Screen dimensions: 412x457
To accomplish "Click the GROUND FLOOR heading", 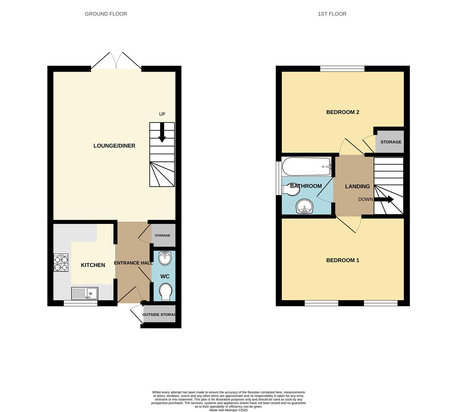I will [106, 14].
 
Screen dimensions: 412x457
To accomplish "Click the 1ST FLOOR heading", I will [332, 14].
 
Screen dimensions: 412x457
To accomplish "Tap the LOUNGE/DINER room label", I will [114, 146].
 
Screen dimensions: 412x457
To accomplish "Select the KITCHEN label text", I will [93, 265].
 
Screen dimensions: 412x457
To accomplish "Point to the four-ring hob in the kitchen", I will [61, 262].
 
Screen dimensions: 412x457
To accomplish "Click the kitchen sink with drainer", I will [85, 293].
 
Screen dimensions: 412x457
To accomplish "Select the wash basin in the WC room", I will [165, 258].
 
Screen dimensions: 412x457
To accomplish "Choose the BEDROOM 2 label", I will [343, 112].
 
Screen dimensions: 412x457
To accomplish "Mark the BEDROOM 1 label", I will [343, 261].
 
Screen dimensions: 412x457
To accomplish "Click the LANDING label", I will [357, 187].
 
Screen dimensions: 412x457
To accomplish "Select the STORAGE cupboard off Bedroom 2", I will [391, 142].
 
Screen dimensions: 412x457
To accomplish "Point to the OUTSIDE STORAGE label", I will [159, 315].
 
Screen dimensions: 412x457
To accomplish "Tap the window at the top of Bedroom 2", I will [342, 69].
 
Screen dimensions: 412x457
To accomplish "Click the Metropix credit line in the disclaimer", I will [228, 410].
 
